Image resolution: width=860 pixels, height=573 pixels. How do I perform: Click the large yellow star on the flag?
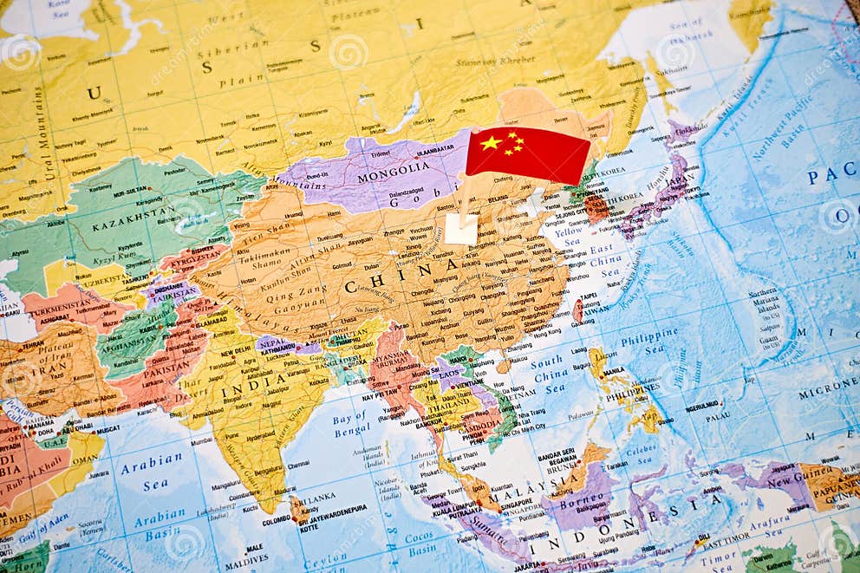click(x=491, y=143)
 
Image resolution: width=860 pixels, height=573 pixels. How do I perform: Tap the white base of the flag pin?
click(x=460, y=230)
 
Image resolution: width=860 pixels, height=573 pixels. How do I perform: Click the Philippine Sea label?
click(x=649, y=337)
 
